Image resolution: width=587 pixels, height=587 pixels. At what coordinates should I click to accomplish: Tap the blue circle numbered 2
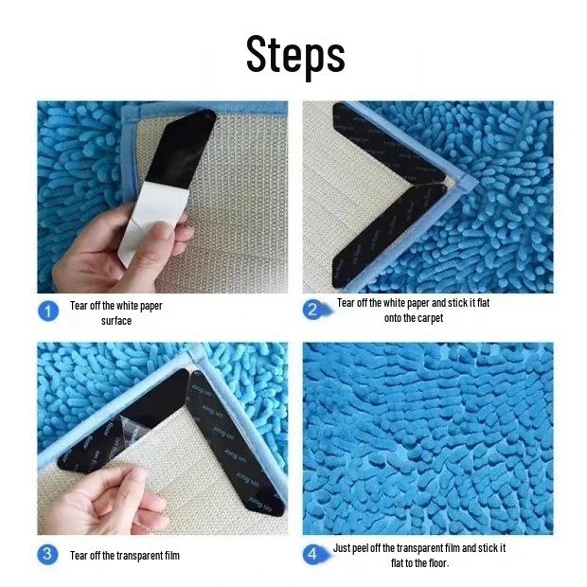pos(314,310)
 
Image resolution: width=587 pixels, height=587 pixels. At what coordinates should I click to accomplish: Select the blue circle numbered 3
pos(48,554)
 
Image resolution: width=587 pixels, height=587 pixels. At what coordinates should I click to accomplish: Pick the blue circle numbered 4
pos(314,554)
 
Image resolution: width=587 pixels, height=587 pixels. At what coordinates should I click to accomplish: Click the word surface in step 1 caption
pos(116,321)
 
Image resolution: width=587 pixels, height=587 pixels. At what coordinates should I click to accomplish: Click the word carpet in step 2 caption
pos(426,318)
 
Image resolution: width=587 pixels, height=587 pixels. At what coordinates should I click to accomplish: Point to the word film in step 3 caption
pos(168,555)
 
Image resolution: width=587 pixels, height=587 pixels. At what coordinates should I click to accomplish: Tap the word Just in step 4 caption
pos(343,548)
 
